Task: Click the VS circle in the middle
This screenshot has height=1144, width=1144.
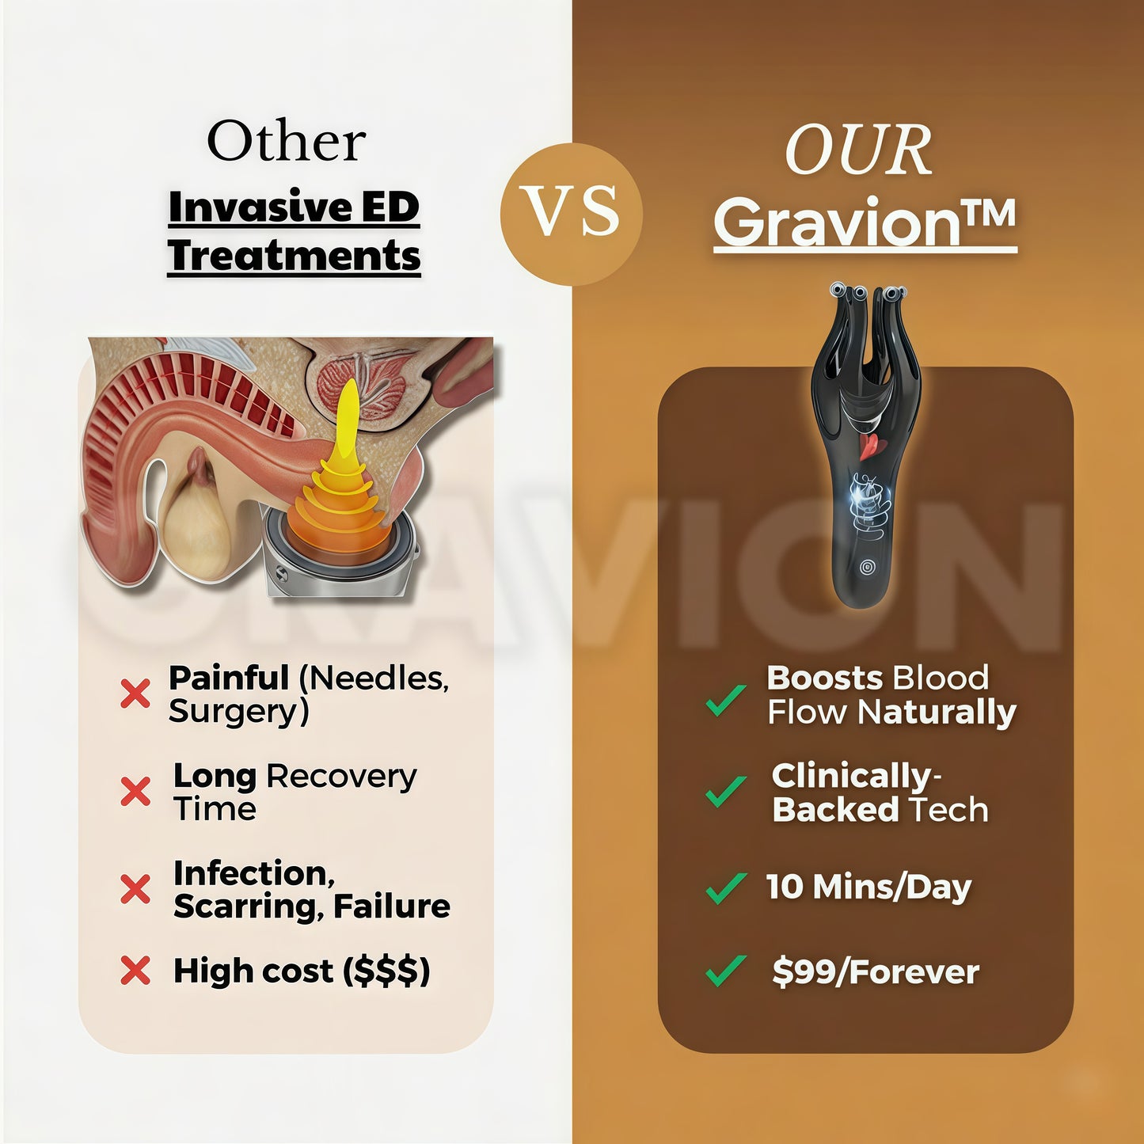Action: [x=572, y=214]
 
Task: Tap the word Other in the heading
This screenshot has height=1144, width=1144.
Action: [x=286, y=143]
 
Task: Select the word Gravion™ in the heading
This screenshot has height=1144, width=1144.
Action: [x=865, y=223]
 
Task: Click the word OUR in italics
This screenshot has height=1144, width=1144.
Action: [x=858, y=151]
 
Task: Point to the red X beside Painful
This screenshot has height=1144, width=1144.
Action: [x=135, y=694]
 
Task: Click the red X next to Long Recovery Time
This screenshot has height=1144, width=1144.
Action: [x=135, y=791]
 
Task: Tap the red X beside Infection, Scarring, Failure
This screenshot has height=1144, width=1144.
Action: [x=135, y=889]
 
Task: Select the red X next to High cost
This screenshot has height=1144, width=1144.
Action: [x=135, y=970]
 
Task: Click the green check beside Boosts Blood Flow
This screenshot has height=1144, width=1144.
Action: [x=725, y=700]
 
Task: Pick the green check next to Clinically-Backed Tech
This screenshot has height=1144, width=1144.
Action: [x=725, y=790]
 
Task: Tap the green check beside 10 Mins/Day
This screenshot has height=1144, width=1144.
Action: [x=725, y=887]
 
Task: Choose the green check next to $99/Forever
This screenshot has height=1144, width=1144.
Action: [x=725, y=971]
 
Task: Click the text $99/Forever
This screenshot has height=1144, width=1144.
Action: [x=876, y=972]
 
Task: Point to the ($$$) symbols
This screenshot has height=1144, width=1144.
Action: [x=387, y=971]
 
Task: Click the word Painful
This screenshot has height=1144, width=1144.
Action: [x=229, y=678]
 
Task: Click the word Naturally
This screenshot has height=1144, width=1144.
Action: [x=937, y=713]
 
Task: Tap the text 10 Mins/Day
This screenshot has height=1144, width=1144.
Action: [x=868, y=887]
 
